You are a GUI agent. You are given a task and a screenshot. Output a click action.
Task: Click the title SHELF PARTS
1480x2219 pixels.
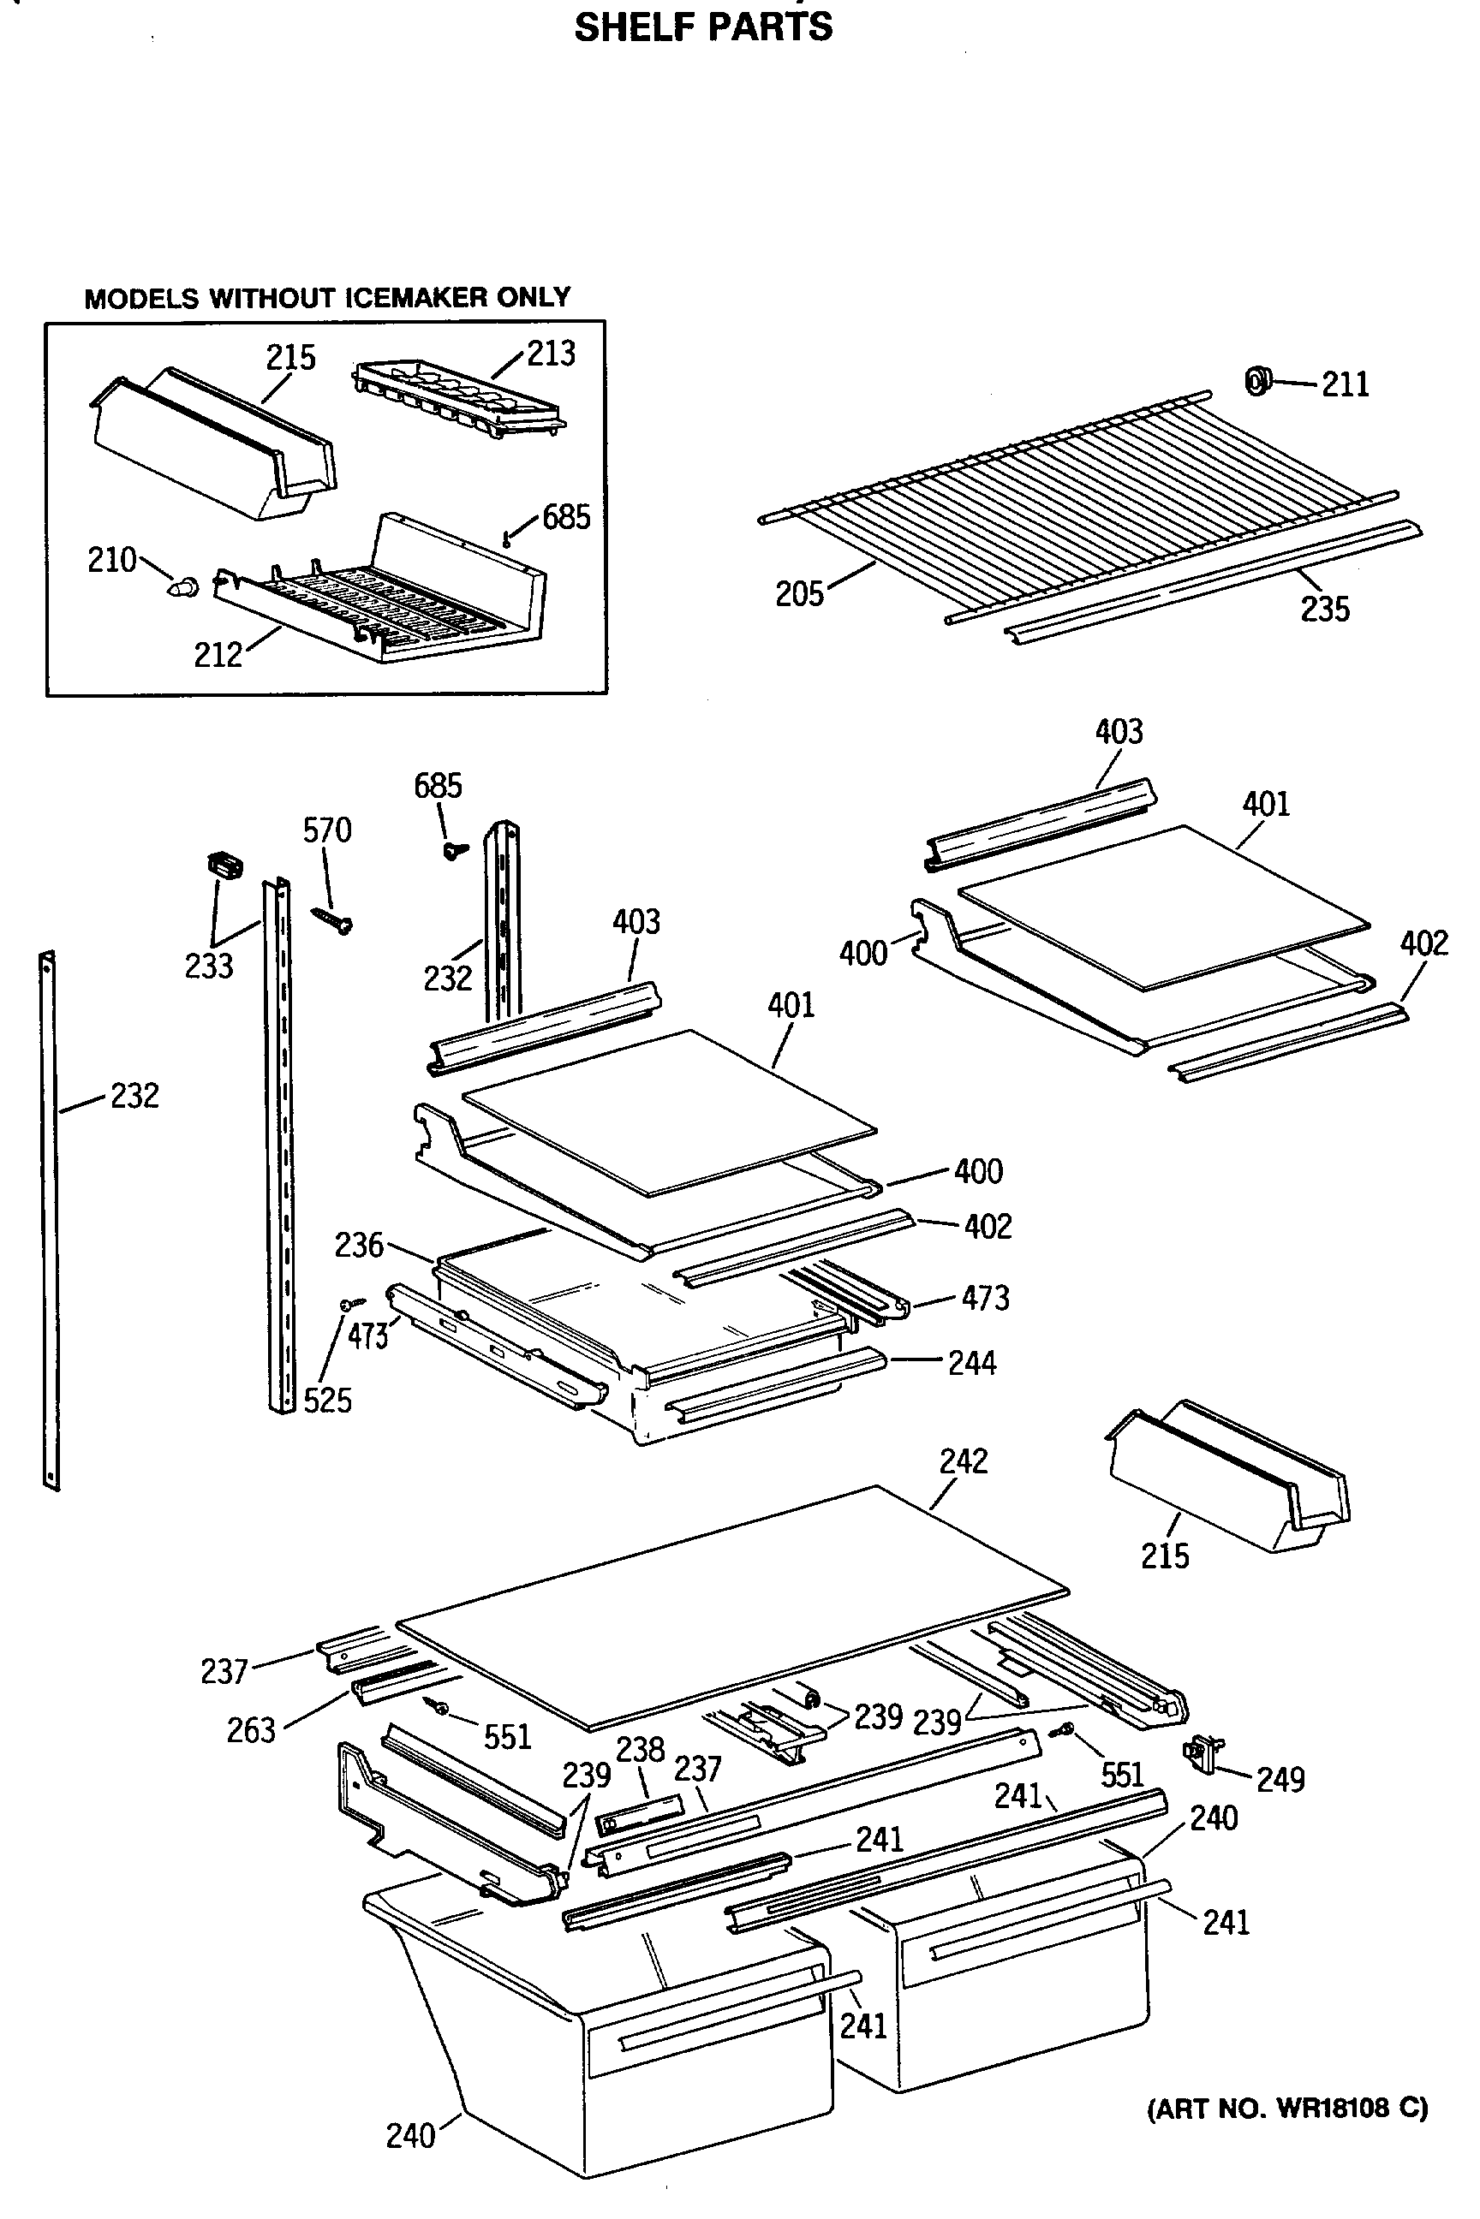(x=703, y=27)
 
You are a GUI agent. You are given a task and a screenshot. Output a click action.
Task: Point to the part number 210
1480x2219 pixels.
(x=112, y=561)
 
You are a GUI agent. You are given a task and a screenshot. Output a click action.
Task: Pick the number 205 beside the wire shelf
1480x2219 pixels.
(x=799, y=594)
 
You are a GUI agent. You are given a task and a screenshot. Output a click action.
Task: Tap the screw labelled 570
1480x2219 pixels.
(x=331, y=918)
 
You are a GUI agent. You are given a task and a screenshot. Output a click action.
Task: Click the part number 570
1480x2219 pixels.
(x=326, y=830)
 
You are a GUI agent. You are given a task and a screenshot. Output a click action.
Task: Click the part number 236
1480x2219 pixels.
(x=359, y=1246)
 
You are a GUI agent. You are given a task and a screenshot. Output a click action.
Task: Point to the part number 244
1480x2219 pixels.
(x=972, y=1363)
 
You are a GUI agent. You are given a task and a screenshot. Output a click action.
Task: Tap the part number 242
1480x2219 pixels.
(x=963, y=1460)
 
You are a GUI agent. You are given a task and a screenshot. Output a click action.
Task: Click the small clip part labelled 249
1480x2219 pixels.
(x=1200, y=1750)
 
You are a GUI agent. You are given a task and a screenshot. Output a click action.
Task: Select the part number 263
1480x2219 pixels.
(x=251, y=1730)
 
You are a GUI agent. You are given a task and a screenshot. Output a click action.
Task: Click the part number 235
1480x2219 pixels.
(x=1325, y=610)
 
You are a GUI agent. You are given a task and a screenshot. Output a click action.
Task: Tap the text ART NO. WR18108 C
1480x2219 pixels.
(x=1287, y=2109)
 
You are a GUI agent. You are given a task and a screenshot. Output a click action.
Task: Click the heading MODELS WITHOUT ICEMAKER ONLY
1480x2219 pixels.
(x=327, y=298)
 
